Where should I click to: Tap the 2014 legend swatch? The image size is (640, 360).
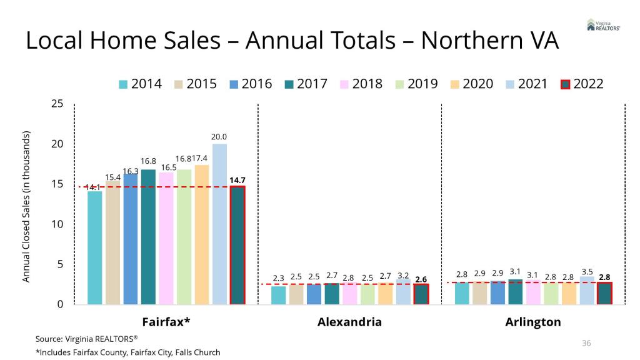[123, 84]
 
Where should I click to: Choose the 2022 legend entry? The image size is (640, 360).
[582, 84]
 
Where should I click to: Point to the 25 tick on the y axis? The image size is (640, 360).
[57, 104]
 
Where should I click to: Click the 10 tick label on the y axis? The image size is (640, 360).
[57, 224]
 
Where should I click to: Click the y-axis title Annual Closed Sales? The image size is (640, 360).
[26, 206]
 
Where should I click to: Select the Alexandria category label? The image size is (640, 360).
[349, 322]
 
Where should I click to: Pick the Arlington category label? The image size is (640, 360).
[533, 322]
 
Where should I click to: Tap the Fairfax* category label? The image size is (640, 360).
[166, 322]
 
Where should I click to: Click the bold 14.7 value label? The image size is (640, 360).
[237, 180]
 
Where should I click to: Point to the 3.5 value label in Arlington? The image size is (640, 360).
[587, 271]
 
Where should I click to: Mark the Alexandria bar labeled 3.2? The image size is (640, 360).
[403, 292]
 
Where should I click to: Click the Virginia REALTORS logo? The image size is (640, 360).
[603, 25]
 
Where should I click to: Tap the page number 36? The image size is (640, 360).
[586, 342]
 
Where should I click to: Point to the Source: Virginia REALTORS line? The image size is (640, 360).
[86, 338]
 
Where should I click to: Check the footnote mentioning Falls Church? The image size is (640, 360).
[127, 352]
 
